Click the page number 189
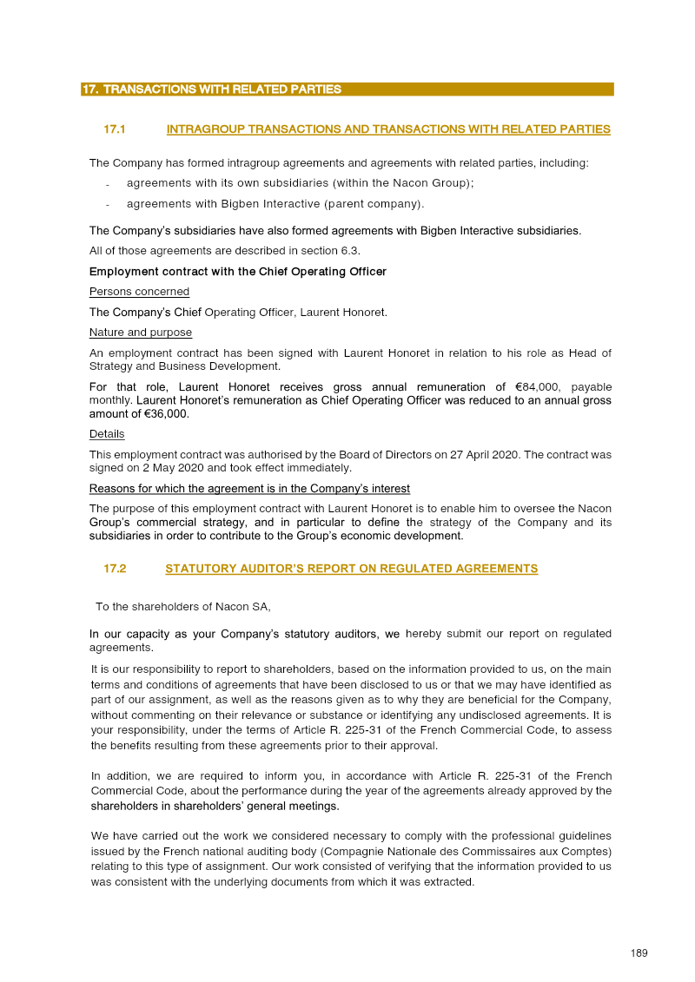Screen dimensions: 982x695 tap(639, 953)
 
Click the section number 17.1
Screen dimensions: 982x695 tap(115, 129)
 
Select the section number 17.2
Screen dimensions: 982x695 tap(115, 569)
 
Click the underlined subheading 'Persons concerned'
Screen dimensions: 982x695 tap(139, 292)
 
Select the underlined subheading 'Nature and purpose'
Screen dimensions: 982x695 tap(141, 333)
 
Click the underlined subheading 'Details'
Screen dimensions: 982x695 tap(107, 434)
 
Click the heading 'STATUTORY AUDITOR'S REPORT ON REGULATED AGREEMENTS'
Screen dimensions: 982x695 tap(351, 569)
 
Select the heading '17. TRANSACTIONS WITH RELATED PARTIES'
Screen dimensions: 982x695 tap(211, 89)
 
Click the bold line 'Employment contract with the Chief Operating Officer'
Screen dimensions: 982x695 tap(237, 272)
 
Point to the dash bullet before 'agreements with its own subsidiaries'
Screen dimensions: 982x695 tap(107, 184)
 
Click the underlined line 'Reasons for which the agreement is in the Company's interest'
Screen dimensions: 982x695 tap(249, 489)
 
